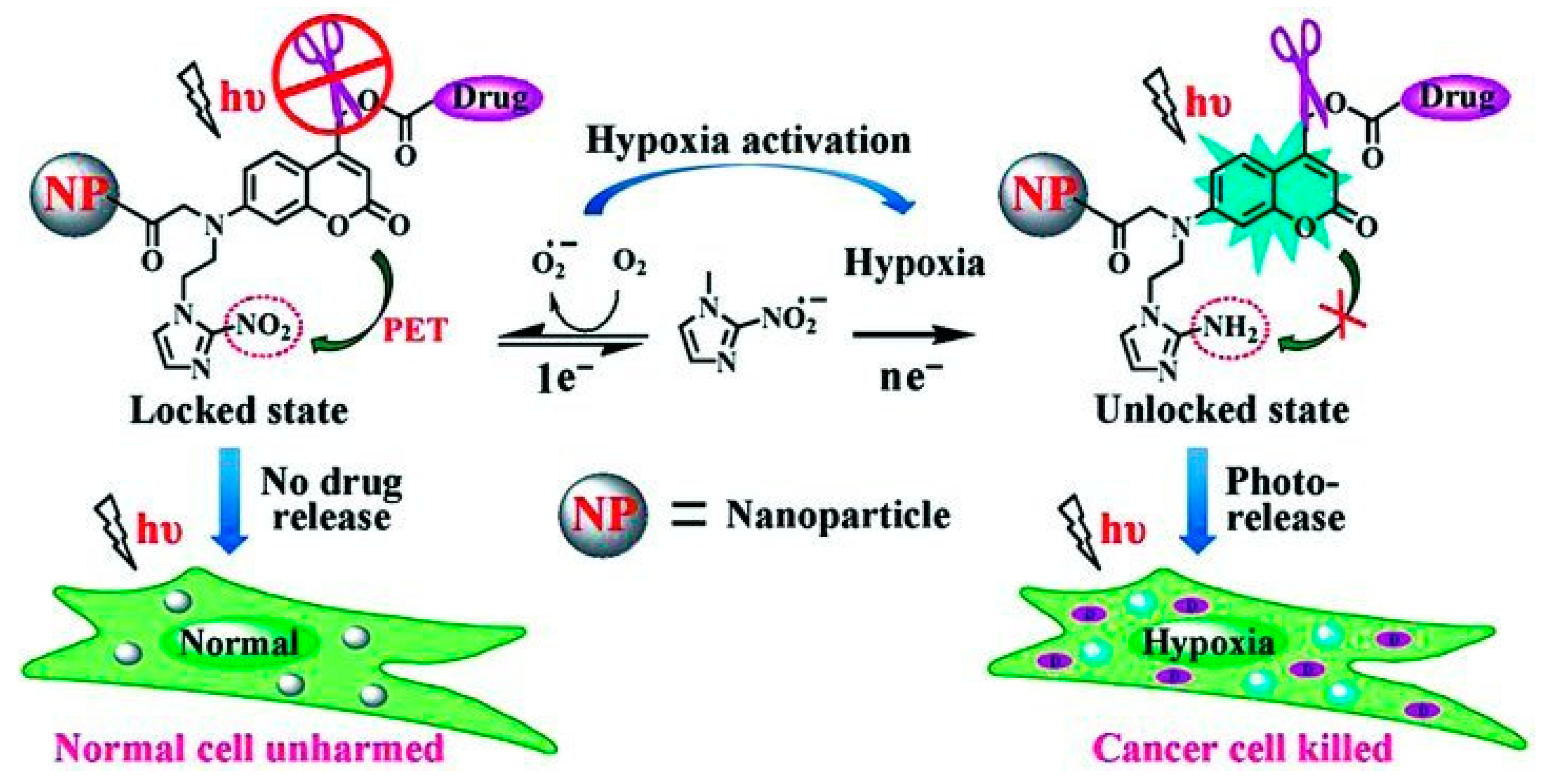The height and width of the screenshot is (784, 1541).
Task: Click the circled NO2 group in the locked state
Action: tap(264, 328)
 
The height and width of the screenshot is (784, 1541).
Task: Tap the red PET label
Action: tap(414, 331)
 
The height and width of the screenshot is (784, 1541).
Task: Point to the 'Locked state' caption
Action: tap(239, 411)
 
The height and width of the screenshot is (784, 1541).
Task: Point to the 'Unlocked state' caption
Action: tap(1222, 411)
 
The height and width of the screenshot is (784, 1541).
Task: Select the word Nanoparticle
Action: tap(837, 515)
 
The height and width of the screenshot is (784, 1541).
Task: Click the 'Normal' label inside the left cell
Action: tap(239, 644)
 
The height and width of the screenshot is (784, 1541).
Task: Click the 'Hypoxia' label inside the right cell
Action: tap(1208, 644)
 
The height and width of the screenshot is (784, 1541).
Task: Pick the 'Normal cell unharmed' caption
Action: tap(249, 747)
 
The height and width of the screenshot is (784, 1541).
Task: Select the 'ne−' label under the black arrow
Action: tap(910, 377)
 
